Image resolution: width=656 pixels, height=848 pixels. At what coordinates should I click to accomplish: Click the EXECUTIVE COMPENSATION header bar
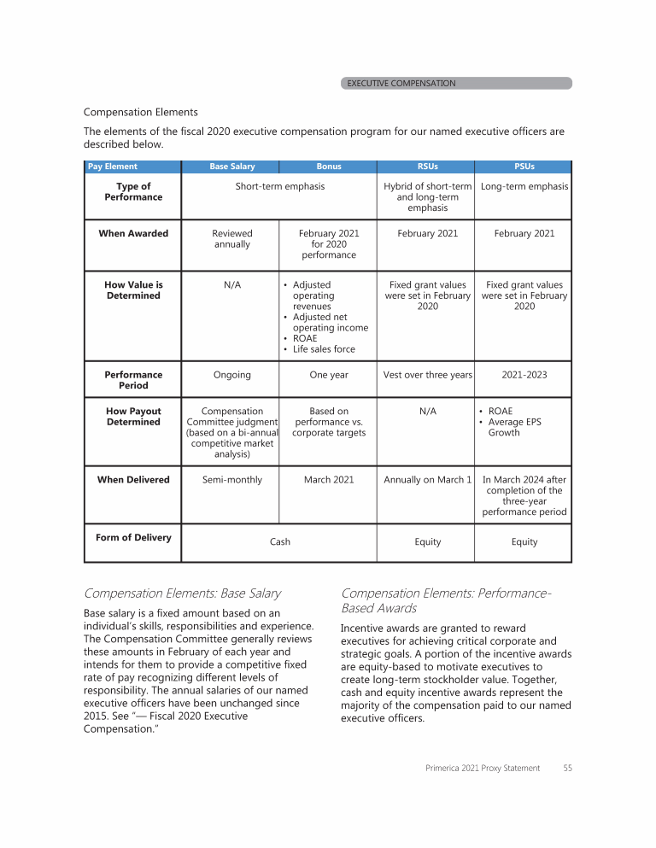(x=456, y=84)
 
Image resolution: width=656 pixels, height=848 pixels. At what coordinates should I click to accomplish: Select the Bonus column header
(x=328, y=167)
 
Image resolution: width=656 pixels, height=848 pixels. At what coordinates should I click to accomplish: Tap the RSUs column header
(x=427, y=167)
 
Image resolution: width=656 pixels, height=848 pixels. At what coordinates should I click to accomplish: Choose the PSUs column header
(x=524, y=167)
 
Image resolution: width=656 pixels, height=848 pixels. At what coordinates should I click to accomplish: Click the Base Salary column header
(x=231, y=167)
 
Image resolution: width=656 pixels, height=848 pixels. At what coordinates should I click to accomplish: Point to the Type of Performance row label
(x=133, y=192)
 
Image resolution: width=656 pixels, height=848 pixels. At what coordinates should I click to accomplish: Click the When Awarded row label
(x=133, y=233)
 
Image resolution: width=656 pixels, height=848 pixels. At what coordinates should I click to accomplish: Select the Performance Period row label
(x=133, y=380)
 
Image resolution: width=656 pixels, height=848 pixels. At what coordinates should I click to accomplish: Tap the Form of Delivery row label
(x=133, y=537)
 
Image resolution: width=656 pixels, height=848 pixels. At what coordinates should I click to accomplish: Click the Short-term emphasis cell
(x=280, y=187)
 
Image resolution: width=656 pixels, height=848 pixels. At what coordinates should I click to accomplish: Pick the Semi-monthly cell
(x=231, y=480)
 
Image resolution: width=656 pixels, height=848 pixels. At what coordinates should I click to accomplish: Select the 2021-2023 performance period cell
(x=524, y=375)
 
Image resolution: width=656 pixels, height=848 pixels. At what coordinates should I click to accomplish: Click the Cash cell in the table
(x=280, y=541)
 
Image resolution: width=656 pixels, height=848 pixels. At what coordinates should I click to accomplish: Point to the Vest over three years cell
(x=427, y=375)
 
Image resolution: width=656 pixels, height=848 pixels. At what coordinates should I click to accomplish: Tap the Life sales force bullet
(x=324, y=348)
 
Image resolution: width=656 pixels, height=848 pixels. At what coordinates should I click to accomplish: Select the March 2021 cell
(x=329, y=480)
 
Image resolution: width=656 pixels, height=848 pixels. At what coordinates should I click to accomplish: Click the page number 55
(x=567, y=769)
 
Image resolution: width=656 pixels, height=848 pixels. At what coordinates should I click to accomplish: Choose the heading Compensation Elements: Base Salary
(x=182, y=593)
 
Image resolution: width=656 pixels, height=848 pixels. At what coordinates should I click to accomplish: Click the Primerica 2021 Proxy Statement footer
(x=483, y=769)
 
